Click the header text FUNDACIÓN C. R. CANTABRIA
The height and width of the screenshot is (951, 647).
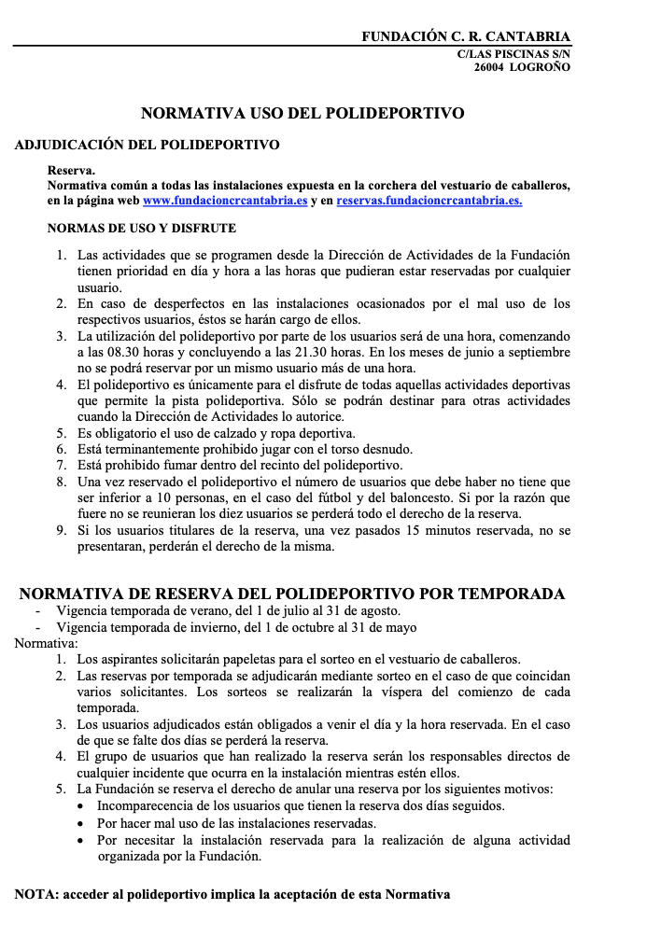coord(466,36)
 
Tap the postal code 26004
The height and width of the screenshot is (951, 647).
coord(490,67)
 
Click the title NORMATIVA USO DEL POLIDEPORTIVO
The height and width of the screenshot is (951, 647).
coord(302,114)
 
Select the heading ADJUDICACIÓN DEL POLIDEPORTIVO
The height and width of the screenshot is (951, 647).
coord(147,146)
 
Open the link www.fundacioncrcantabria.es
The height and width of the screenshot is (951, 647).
coord(225,200)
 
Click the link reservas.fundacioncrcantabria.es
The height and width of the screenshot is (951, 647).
coord(429,200)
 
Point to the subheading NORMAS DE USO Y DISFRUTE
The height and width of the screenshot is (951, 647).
coord(142,228)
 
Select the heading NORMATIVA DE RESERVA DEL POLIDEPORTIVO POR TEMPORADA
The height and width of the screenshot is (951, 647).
coord(292,594)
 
